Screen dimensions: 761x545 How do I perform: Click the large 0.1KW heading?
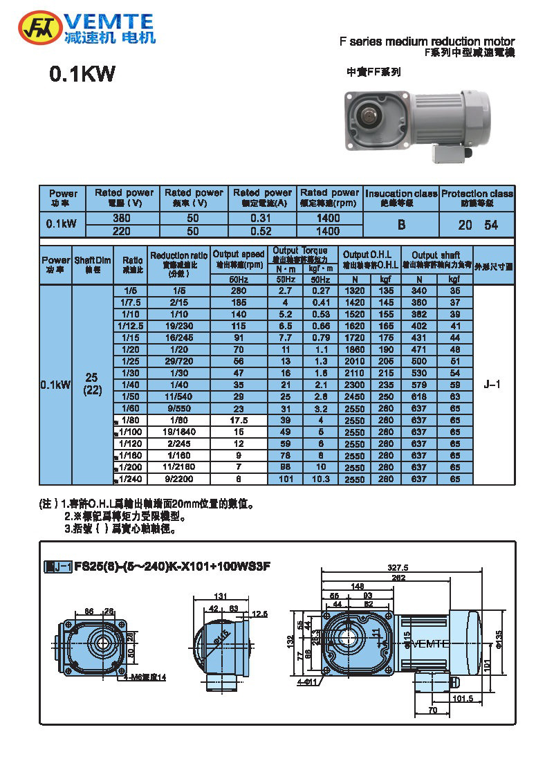tap(82, 74)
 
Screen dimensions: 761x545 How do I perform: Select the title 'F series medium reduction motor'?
tap(427, 42)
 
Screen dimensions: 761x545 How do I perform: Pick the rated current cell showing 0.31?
tap(262, 218)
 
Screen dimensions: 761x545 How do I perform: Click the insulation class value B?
tap(400, 225)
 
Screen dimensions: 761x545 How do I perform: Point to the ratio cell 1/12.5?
tap(129, 324)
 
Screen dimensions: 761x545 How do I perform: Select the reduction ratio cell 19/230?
tap(179, 324)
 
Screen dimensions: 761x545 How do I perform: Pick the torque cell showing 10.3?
tap(320, 478)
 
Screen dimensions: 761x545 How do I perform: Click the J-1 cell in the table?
tap(494, 386)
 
